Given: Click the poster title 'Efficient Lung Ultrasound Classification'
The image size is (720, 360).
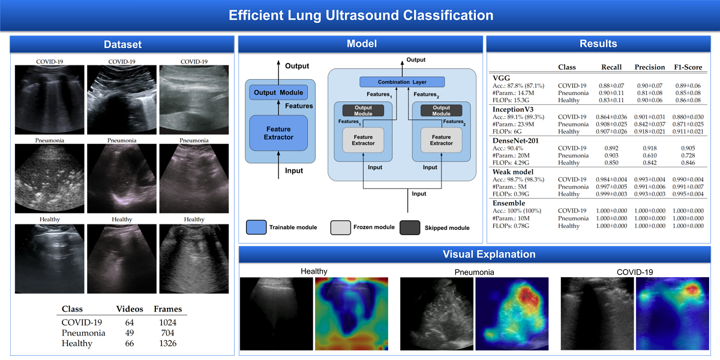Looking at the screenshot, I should pos(361,15).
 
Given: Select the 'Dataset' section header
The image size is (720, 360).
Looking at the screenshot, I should pos(122,44).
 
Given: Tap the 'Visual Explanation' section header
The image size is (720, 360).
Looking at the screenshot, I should pos(479,254).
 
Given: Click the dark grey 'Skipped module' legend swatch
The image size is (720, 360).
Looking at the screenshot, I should pos(410,227).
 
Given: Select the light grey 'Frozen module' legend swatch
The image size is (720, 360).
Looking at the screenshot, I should pos(341,227).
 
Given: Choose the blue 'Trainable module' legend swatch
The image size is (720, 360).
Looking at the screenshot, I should pos(256,227).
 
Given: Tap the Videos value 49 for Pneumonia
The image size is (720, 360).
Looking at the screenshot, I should pos(129,333).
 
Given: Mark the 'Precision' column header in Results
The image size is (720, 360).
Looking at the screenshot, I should pos(650,67).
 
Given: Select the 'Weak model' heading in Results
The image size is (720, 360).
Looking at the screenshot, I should pos(513,172).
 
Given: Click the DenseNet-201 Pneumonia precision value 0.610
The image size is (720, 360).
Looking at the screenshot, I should pos(650,155).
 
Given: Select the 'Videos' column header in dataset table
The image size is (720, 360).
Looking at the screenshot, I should pos(129,309).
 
